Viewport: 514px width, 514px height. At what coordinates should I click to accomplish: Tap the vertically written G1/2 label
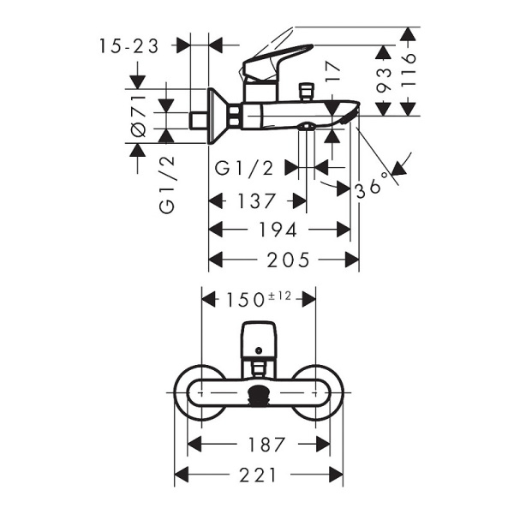[167, 194]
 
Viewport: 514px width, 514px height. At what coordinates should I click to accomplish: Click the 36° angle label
[374, 186]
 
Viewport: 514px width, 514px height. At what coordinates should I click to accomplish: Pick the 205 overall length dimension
[285, 260]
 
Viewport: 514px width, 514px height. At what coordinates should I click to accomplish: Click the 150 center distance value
[247, 299]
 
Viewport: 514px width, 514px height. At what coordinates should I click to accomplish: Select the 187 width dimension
[260, 444]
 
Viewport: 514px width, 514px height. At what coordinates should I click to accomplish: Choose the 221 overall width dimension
[260, 473]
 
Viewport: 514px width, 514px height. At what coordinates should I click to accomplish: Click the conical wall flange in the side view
[218, 115]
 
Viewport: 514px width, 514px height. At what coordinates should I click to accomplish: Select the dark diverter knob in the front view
[258, 396]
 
